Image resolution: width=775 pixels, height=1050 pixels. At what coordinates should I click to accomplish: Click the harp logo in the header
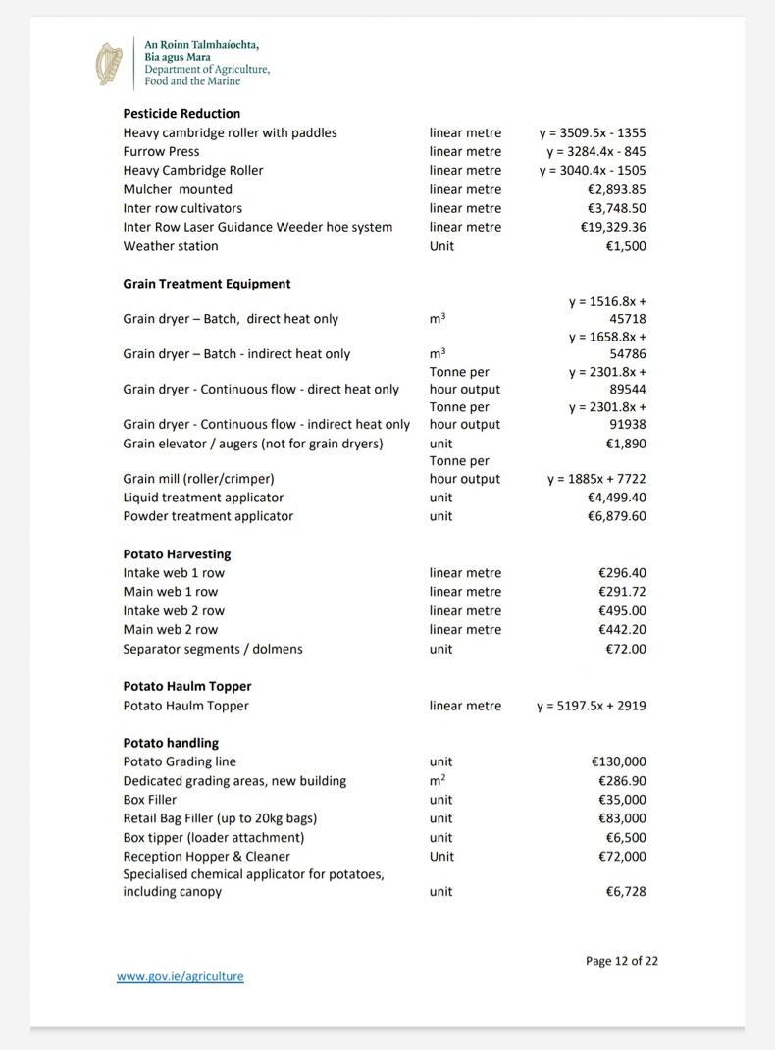coord(109,64)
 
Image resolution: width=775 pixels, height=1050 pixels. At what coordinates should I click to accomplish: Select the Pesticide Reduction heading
coord(181,114)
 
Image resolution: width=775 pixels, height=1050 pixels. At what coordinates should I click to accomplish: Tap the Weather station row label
coord(171,246)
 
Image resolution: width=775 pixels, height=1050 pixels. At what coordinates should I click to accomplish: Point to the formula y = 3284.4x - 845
coord(595,151)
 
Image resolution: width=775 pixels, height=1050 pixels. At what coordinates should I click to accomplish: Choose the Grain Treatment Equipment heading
coord(207,284)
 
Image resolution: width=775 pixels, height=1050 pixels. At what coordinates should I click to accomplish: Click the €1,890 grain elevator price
coord(625,444)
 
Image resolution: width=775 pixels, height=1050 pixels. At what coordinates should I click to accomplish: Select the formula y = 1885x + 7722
coord(595,479)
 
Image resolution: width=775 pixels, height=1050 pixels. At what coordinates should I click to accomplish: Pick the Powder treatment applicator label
coord(208,516)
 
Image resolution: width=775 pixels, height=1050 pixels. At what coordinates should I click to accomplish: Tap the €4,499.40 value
coord(616,498)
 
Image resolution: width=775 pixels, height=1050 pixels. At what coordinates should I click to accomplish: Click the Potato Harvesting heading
coord(177,554)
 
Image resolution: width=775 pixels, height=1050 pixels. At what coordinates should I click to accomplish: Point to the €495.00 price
coord(622,610)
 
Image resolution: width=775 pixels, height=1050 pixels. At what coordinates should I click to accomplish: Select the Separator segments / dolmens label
coord(213,649)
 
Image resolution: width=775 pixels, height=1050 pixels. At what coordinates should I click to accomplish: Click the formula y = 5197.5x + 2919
coord(591,706)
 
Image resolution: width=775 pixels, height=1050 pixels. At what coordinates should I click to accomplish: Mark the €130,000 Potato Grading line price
coord(618,761)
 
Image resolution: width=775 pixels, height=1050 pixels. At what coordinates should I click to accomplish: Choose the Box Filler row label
coord(150,800)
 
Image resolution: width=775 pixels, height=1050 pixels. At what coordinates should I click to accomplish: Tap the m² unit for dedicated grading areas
coord(438,780)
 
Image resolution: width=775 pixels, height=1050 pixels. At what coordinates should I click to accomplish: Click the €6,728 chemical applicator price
coord(625,892)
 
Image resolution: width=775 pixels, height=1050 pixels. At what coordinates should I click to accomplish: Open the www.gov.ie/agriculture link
coord(180,976)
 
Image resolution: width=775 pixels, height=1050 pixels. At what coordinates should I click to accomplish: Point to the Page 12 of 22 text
coord(622,961)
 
